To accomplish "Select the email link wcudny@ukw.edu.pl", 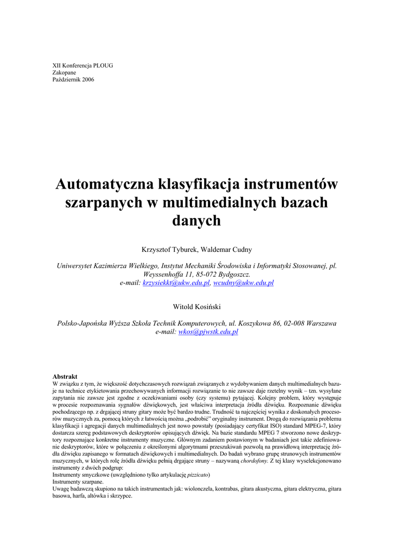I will point(243,283).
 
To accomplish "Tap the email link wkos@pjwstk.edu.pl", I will point(208,332).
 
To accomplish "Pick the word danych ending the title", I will point(196,221).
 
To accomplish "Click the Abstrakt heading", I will point(65,377).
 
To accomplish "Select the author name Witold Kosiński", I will point(196,307).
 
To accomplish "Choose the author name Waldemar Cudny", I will point(225,250).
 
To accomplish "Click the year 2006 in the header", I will point(88,80).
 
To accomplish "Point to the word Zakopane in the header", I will point(64,72).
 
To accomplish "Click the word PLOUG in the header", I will point(102,65).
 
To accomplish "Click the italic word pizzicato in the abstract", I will point(198,475).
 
